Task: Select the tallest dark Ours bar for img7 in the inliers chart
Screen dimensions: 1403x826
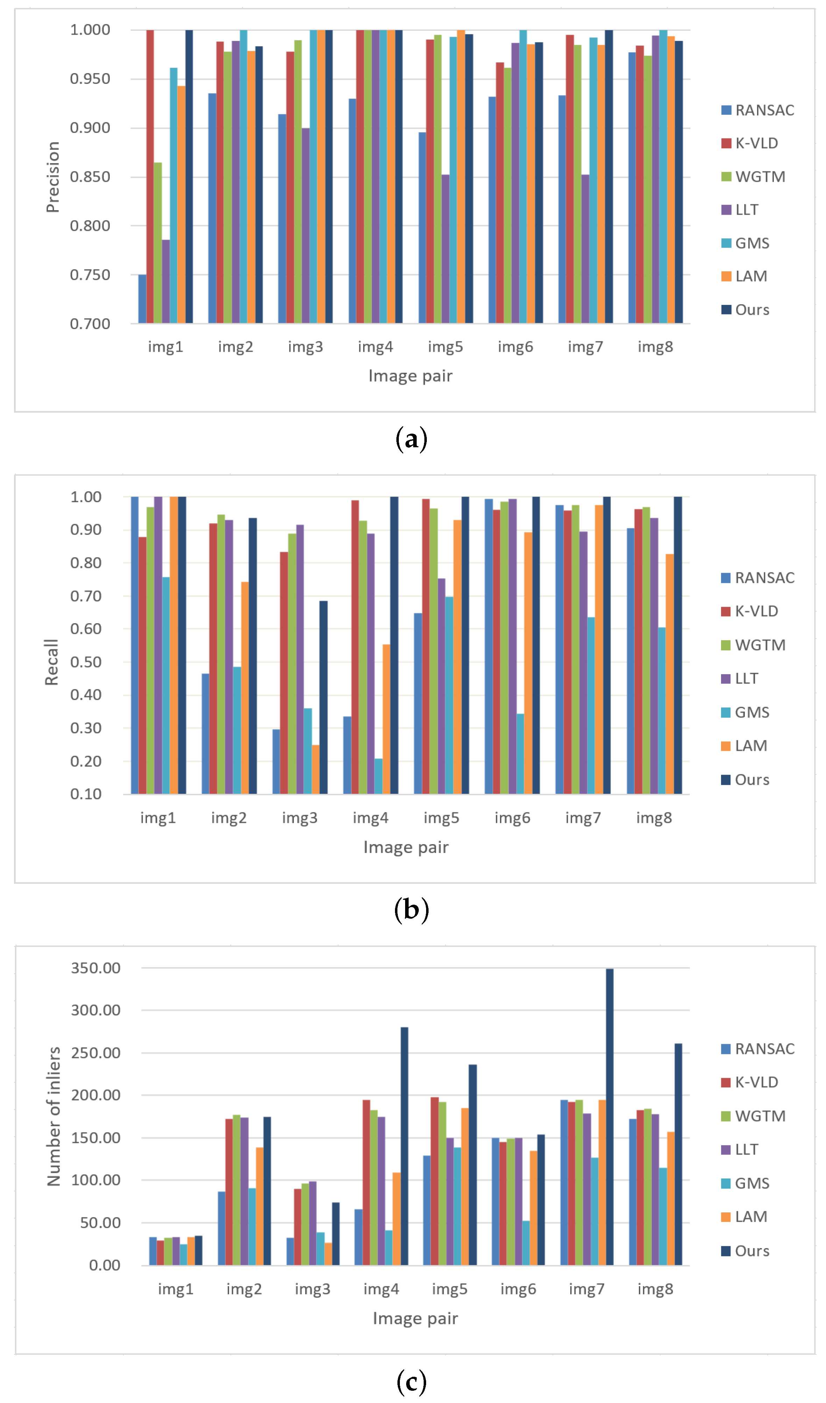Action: (609, 1119)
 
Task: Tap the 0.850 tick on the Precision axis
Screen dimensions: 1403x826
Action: (90, 177)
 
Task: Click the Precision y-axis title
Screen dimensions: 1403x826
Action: (53, 177)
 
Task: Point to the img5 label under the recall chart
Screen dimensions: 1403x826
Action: (441, 818)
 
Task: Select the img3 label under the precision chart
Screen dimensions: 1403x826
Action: (305, 347)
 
